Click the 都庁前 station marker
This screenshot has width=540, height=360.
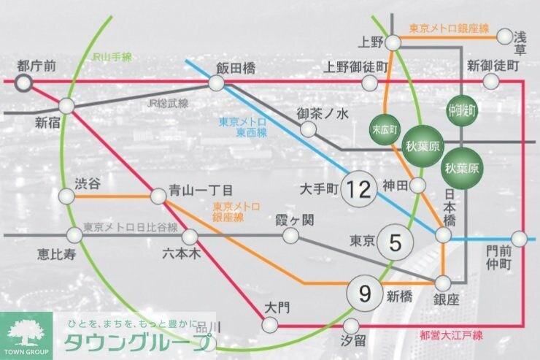tap(24, 82)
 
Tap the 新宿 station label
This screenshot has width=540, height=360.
tap(46, 124)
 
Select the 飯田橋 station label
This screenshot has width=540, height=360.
tap(235, 66)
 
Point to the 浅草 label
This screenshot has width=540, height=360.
tap(520, 42)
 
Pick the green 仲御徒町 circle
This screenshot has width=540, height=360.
tap(461, 111)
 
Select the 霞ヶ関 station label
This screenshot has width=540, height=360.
tap(294, 219)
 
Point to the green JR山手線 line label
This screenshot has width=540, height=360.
tap(111, 56)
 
